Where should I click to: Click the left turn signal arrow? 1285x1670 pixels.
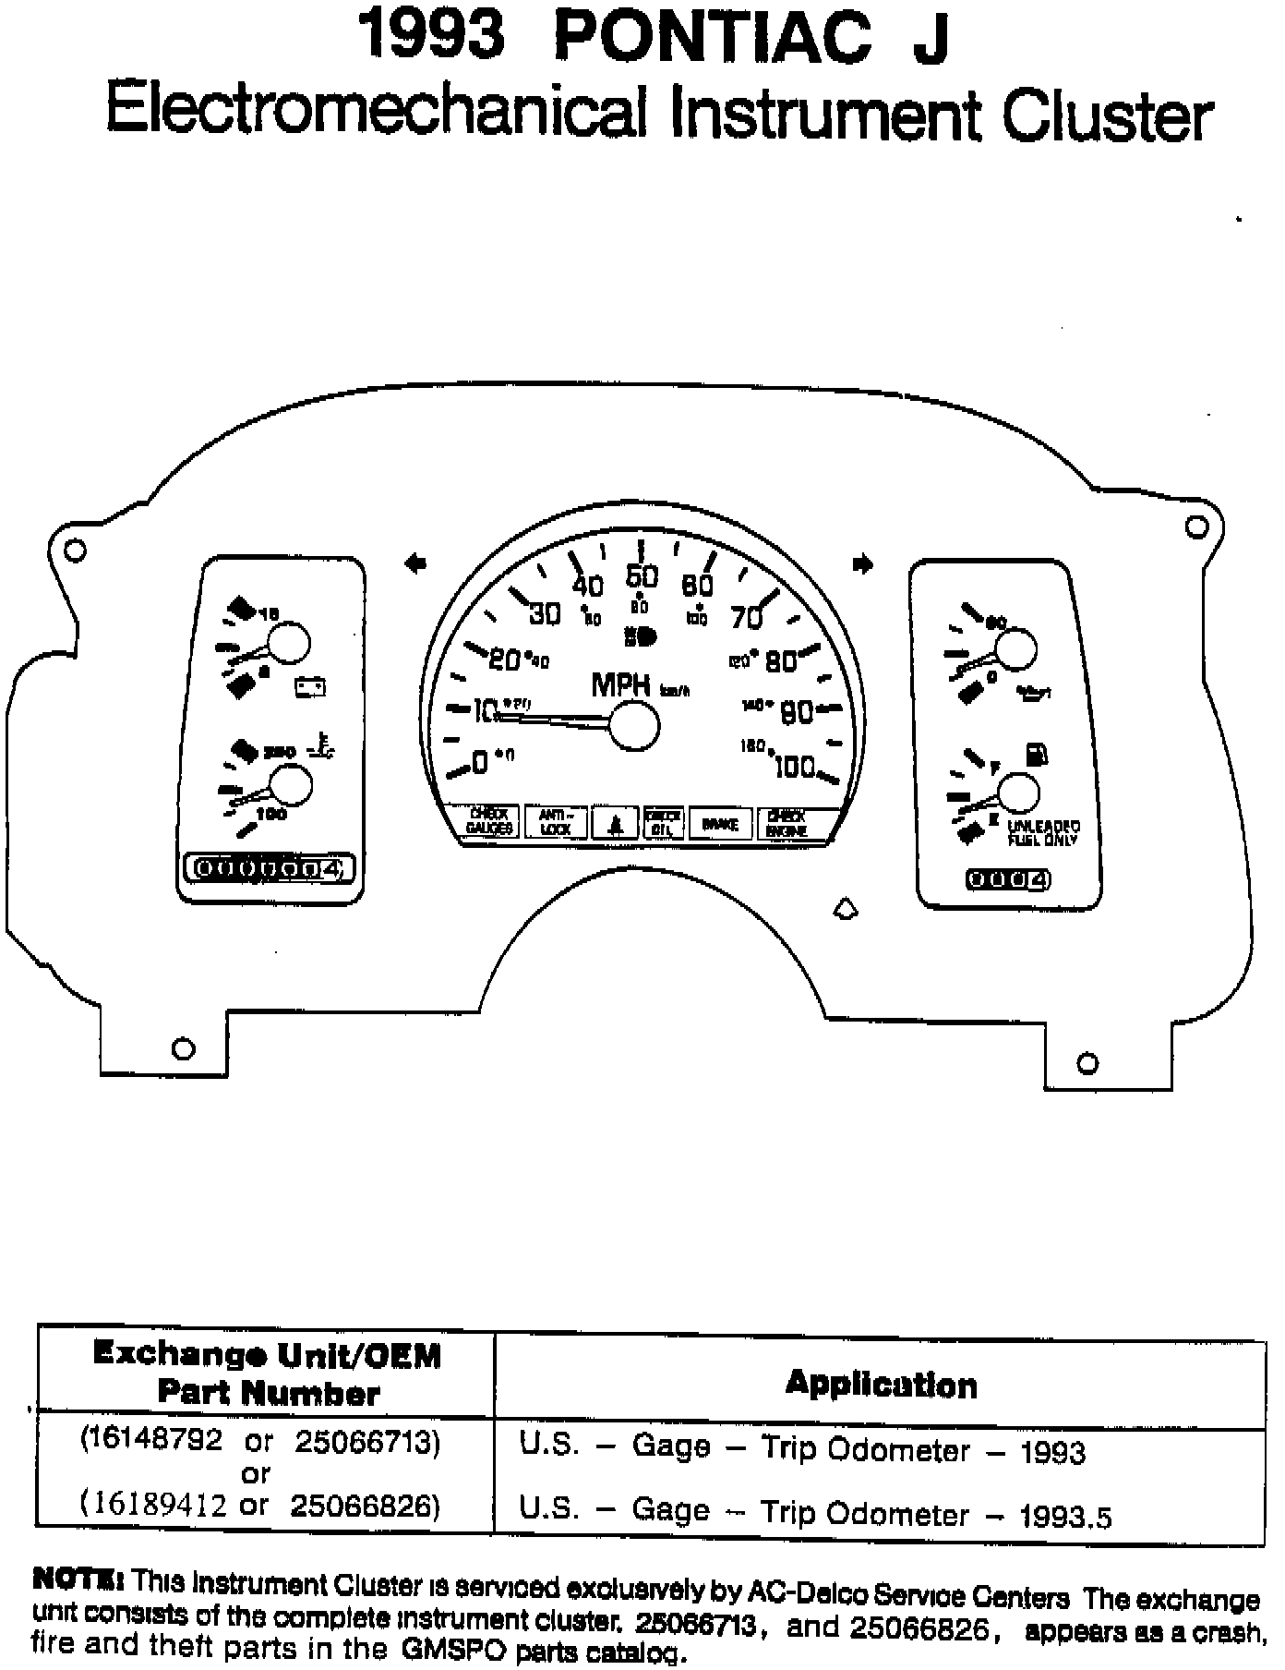[x=415, y=563]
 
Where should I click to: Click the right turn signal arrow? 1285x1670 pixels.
[x=863, y=563]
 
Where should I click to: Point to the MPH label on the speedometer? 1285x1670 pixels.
[x=621, y=685]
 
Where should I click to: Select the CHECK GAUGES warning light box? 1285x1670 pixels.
[x=489, y=822]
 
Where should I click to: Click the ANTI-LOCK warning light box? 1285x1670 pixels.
[x=556, y=822]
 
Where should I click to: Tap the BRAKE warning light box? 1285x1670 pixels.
[x=720, y=822]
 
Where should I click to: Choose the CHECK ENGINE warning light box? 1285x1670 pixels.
[x=787, y=822]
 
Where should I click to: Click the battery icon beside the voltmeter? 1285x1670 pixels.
[x=310, y=686]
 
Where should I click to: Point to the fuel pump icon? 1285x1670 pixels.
[x=1037, y=756]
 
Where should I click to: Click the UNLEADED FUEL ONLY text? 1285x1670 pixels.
[x=1043, y=833]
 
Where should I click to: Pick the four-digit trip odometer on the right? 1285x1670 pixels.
[x=1009, y=879]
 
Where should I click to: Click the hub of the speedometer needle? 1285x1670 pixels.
[x=635, y=725]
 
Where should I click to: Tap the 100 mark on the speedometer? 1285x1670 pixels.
[x=795, y=767]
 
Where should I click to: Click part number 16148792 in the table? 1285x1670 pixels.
[x=151, y=1441]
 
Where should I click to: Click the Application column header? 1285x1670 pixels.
[x=881, y=1385]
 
